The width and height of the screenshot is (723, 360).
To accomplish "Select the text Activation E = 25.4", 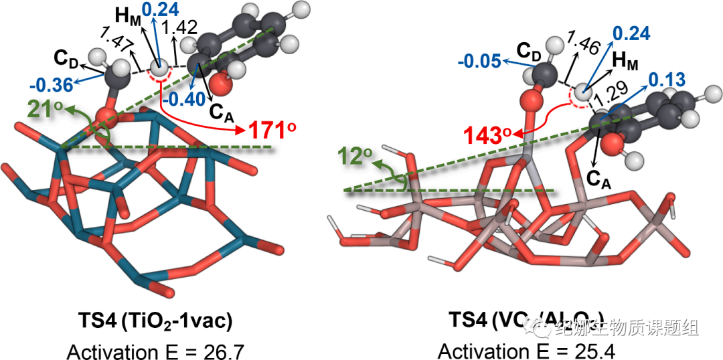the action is point(526,350).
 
